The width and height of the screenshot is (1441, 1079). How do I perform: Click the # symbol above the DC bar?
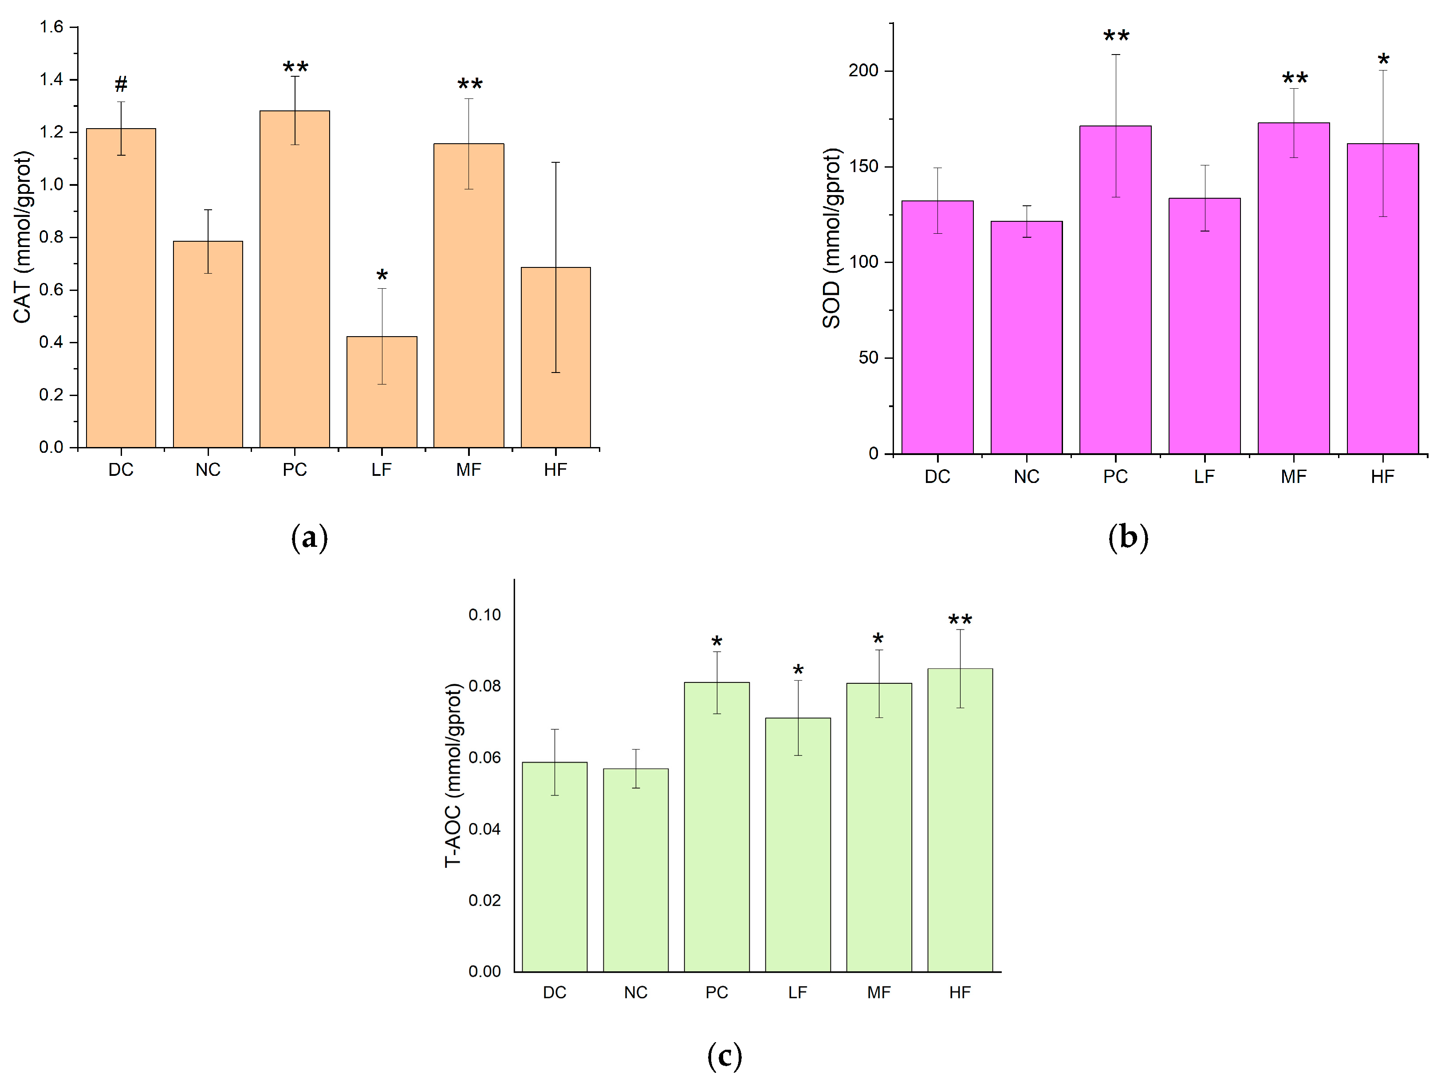(121, 84)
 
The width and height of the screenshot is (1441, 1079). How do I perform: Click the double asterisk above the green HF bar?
(960, 619)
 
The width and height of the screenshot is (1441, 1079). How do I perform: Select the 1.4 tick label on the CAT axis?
(51, 79)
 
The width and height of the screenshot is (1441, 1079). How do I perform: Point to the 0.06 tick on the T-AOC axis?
(484, 757)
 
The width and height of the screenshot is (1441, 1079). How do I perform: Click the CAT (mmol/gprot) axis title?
(22, 237)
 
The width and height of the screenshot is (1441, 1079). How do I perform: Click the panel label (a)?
(309, 538)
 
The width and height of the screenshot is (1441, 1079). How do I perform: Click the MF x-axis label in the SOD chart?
(1293, 477)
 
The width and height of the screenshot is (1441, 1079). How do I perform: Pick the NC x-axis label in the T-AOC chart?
(635, 993)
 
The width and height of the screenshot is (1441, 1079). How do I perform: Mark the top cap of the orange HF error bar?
(556, 162)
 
